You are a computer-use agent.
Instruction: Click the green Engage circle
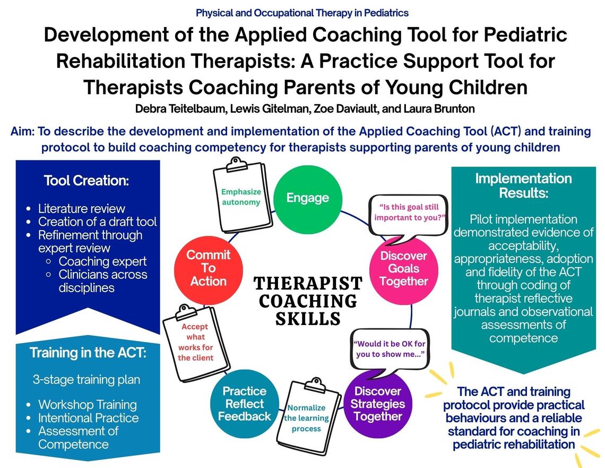pos(307,198)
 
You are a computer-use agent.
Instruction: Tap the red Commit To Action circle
pos(209,268)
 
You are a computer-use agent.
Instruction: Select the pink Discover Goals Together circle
pos(403,268)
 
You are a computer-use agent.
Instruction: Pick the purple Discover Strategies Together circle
pos(377,404)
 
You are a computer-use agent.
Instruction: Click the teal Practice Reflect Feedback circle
pos(244,404)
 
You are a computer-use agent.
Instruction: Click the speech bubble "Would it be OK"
pos(390,348)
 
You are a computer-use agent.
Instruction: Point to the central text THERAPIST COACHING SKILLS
pos(308,300)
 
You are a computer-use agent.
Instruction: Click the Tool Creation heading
pos(87,181)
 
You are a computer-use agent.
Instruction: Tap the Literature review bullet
pos(81,208)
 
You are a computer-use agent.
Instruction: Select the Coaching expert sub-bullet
pos(102,261)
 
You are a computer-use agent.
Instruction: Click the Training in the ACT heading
pos(88,353)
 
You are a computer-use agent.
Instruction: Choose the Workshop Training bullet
pos(87,404)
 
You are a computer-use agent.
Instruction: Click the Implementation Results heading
pos(523,185)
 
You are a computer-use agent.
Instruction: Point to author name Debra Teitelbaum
pos(170,109)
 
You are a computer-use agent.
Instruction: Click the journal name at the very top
pos(302,12)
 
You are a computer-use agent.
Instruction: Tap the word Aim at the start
pos(23,132)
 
